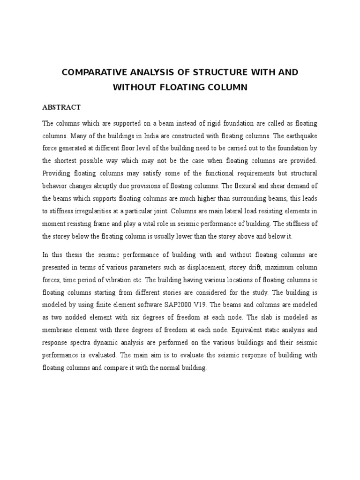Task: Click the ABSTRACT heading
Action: tap(61, 107)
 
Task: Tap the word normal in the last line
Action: tap(180, 368)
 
